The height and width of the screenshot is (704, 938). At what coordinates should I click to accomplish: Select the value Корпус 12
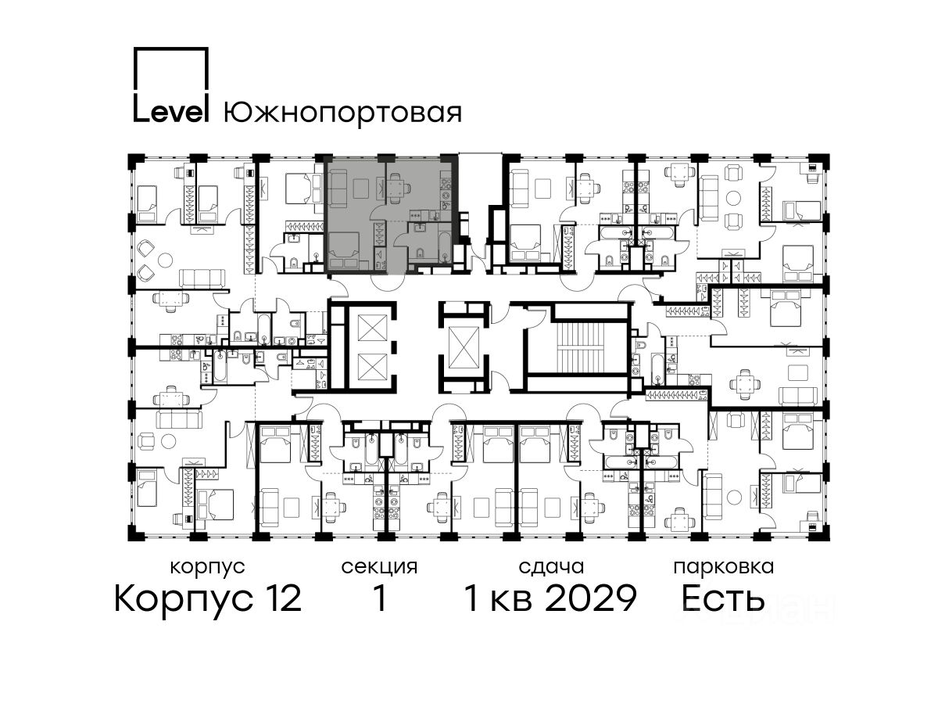[x=208, y=598]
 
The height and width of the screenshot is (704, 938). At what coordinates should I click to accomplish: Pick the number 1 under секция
[x=380, y=598]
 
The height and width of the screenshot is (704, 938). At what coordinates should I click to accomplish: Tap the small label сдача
[x=551, y=567]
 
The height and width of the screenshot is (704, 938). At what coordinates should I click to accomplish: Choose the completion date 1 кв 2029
[x=550, y=598]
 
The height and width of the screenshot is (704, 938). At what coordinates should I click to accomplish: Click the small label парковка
[x=724, y=567]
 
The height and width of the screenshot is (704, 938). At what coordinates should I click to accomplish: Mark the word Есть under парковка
[x=722, y=598]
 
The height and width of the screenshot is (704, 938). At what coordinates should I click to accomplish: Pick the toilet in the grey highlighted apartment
[x=420, y=253]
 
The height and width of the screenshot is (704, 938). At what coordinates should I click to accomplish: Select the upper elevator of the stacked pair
[x=372, y=328]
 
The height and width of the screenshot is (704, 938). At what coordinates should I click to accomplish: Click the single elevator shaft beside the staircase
[x=464, y=347]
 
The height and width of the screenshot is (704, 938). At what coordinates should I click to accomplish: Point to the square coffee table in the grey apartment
[x=360, y=188]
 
